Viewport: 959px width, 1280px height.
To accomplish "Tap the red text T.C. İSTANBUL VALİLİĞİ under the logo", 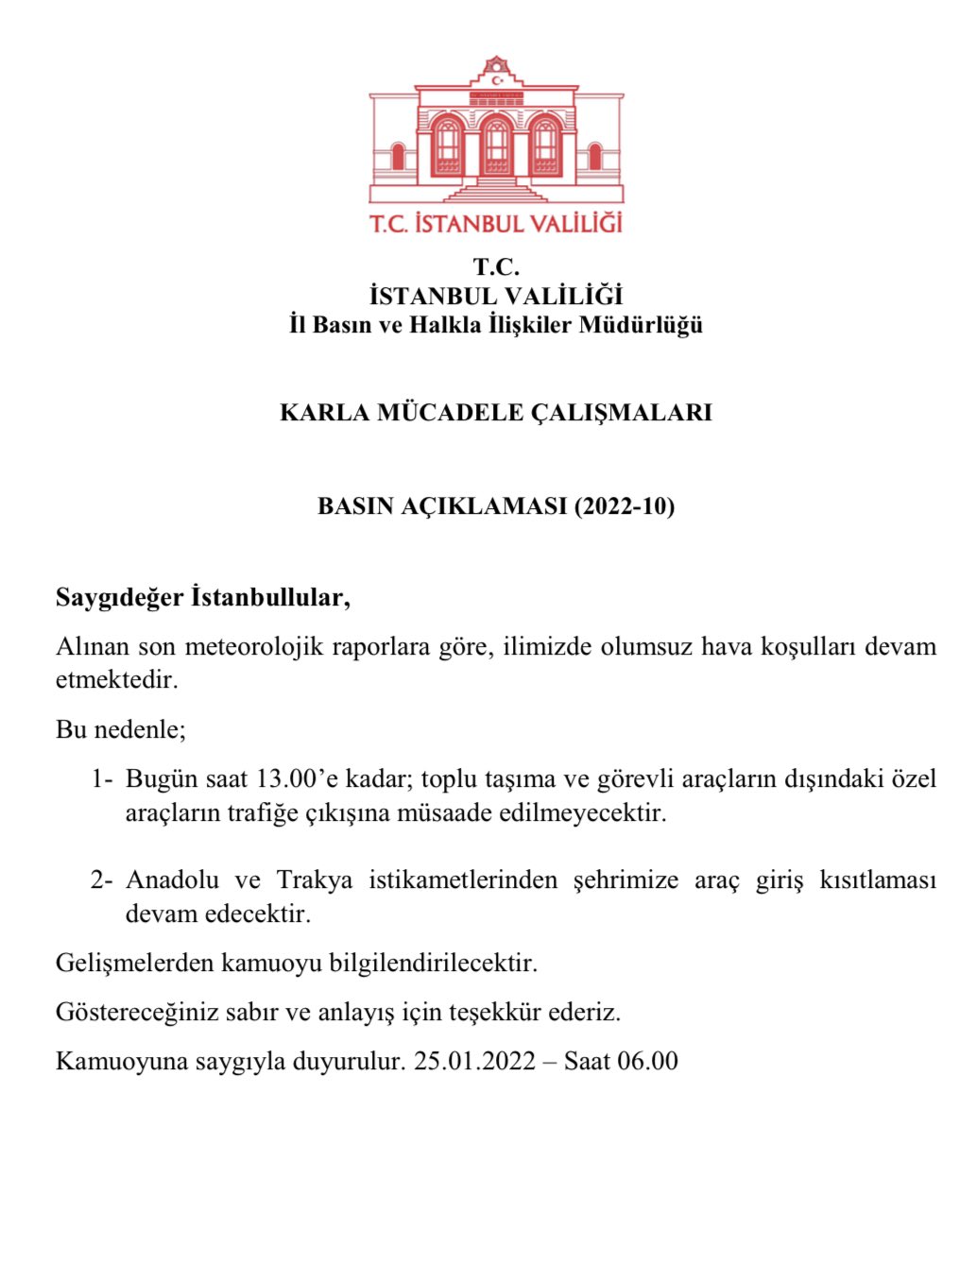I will pos(496,224).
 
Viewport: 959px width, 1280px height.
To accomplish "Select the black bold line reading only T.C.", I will pos(496,267).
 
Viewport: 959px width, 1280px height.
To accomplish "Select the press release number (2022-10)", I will pos(625,506).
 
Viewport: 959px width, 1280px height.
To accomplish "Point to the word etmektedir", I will pos(117,680).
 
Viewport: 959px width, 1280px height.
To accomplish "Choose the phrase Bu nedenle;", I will pos(121,729).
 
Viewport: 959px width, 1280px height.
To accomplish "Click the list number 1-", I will pos(102,779).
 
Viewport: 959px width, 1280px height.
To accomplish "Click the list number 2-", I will pos(102,880).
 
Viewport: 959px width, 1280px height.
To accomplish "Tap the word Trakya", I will pos(315,880).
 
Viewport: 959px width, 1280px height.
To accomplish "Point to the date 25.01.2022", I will pos(474,1061).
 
